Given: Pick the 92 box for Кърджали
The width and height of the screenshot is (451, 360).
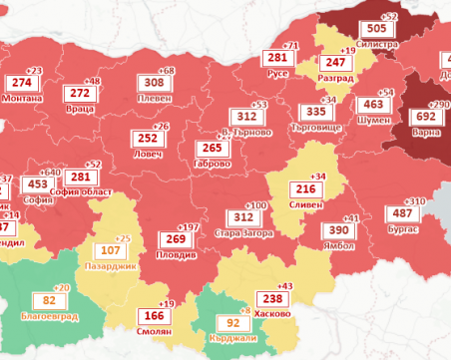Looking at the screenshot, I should (232, 323).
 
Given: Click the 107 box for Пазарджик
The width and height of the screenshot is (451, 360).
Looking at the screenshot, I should (109, 250).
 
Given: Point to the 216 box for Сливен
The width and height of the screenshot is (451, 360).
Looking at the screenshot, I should (304, 189).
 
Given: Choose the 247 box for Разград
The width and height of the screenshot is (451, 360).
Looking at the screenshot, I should (336, 62).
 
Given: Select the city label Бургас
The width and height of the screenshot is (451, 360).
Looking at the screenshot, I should (403, 228).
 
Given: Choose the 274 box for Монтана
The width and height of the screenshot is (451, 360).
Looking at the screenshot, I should (21, 83).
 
